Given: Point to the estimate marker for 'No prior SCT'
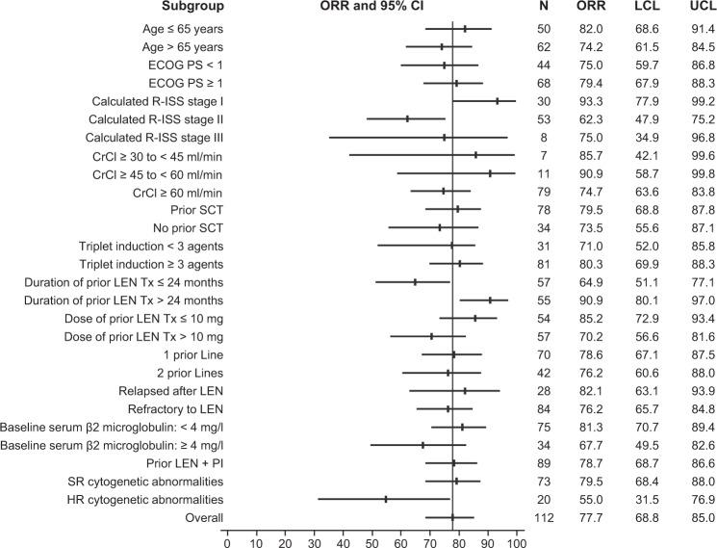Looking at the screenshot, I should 440,227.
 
